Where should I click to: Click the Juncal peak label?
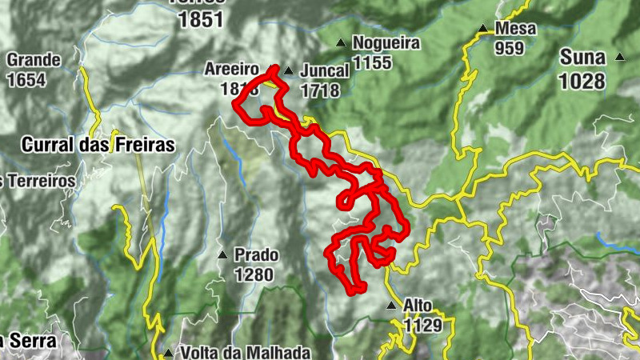click(325, 70)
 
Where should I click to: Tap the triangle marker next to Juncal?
click(289, 70)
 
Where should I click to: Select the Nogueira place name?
click(386, 43)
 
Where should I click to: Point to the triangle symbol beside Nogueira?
click(342, 43)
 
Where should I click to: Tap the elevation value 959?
click(509, 48)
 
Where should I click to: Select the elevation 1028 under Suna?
click(582, 80)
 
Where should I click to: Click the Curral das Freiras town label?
click(98, 146)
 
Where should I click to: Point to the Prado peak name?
click(256, 255)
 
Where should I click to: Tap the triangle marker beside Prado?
click(222, 255)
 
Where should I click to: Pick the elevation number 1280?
click(254, 275)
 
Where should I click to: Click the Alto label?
click(418, 306)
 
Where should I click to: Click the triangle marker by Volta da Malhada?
click(167, 352)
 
